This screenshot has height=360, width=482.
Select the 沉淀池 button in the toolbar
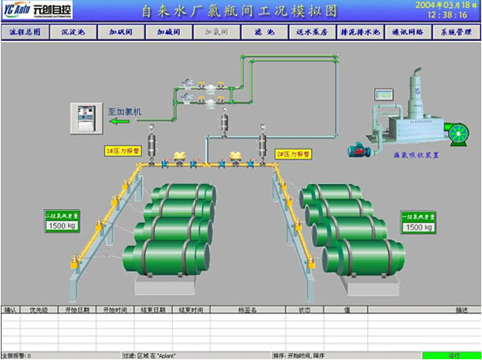click(x=73, y=33)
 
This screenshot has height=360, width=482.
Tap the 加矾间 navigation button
click(x=121, y=33)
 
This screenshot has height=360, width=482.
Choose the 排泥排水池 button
click(x=359, y=33)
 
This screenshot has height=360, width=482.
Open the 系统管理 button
click(x=455, y=33)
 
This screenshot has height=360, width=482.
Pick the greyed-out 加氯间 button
click(x=216, y=33)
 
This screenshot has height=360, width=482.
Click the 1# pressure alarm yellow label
click(x=123, y=150)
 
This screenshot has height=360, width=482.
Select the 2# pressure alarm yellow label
click(x=294, y=153)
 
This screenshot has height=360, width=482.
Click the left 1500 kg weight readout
click(x=62, y=227)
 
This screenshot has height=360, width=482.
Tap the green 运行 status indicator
click(x=452, y=354)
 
